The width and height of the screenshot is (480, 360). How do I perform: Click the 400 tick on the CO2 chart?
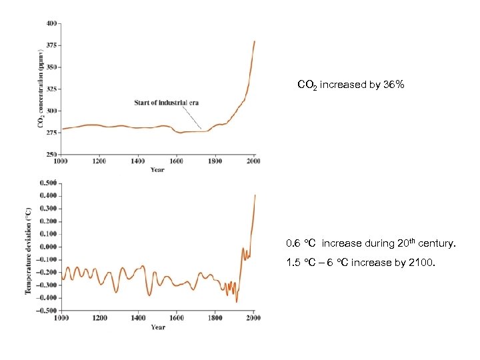51,23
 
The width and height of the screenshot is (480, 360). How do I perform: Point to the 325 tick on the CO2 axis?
51,89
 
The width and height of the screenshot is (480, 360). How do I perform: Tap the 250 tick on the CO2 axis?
51,154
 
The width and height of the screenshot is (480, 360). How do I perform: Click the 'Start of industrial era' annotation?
166,103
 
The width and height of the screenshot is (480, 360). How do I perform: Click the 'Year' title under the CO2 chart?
157,170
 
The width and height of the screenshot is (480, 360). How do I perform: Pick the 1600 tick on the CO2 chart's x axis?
176,162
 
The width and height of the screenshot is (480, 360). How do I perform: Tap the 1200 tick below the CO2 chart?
99,162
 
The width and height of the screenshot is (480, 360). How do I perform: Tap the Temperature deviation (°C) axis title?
29,249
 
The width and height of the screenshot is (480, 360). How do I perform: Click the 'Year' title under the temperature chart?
157,327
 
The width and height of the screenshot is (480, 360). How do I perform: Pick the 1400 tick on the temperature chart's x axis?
137,319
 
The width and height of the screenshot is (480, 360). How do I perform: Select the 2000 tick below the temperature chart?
254,319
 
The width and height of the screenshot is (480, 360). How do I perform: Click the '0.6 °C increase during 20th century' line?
371,245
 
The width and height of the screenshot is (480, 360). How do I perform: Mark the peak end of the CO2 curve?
254,41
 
